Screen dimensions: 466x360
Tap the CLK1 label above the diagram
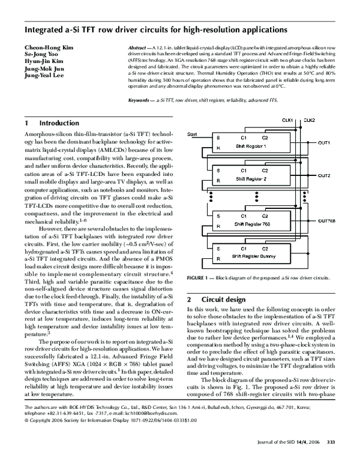[x=287, y=120]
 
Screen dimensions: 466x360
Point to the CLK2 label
[x=309, y=120]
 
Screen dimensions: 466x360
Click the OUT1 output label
[x=324, y=142]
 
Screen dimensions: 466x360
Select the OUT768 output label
[x=326, y=220]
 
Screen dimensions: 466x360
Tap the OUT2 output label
[x=324, y=175]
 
